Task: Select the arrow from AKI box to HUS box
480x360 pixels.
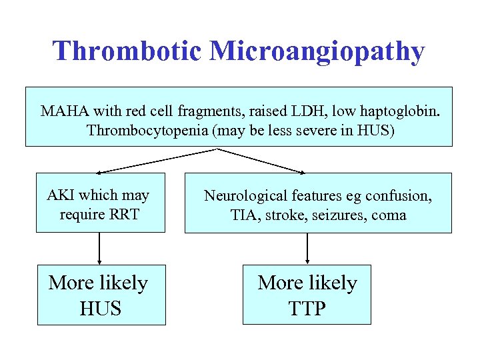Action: pos(99,248)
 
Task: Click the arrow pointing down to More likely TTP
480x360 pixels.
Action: pos(307,248)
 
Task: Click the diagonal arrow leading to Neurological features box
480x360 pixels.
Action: pos(263,161)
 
